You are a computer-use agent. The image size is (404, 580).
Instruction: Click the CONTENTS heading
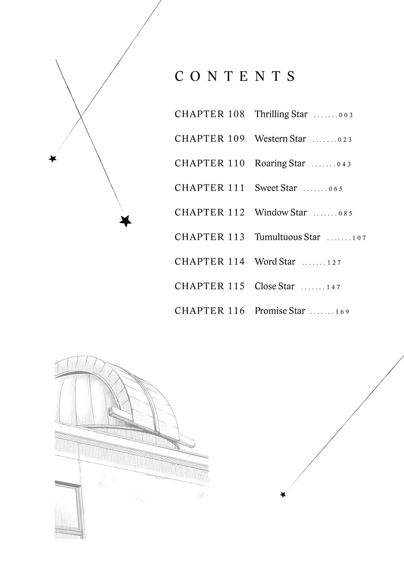tap(235, 76)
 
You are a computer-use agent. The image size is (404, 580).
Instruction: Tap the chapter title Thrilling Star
tap(281, 114)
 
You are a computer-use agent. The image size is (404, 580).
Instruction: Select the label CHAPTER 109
tap(210, 139)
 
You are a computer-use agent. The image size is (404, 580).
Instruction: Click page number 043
tap(344, 164)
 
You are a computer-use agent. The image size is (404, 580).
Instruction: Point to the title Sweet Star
tap(276, 188)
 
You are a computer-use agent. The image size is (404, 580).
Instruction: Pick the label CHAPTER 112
tap(210, 213)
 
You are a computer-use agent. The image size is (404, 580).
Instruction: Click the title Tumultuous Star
tap(288, 237)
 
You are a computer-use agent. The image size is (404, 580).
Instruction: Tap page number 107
tap(359, 238)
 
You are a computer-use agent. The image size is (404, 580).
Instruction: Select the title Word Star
tap(275, 262)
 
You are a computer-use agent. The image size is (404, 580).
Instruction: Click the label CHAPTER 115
tap(210, 286)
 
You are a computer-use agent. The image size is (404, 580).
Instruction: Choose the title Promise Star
tap(280, 311)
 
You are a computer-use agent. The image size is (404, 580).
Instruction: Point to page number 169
tap(342, 312)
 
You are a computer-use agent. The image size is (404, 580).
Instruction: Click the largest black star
tap(126, 221)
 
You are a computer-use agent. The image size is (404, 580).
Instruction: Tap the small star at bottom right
tap(283, 494)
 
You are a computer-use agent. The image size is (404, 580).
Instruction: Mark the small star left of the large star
tap(53, 159)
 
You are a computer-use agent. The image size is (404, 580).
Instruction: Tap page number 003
tap(346, 115)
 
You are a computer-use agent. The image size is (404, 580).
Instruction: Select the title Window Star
tap(281, 213)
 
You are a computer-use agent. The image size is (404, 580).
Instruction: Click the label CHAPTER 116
tap(210, 311)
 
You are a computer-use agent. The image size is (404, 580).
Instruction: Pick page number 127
tap(334, 263)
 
